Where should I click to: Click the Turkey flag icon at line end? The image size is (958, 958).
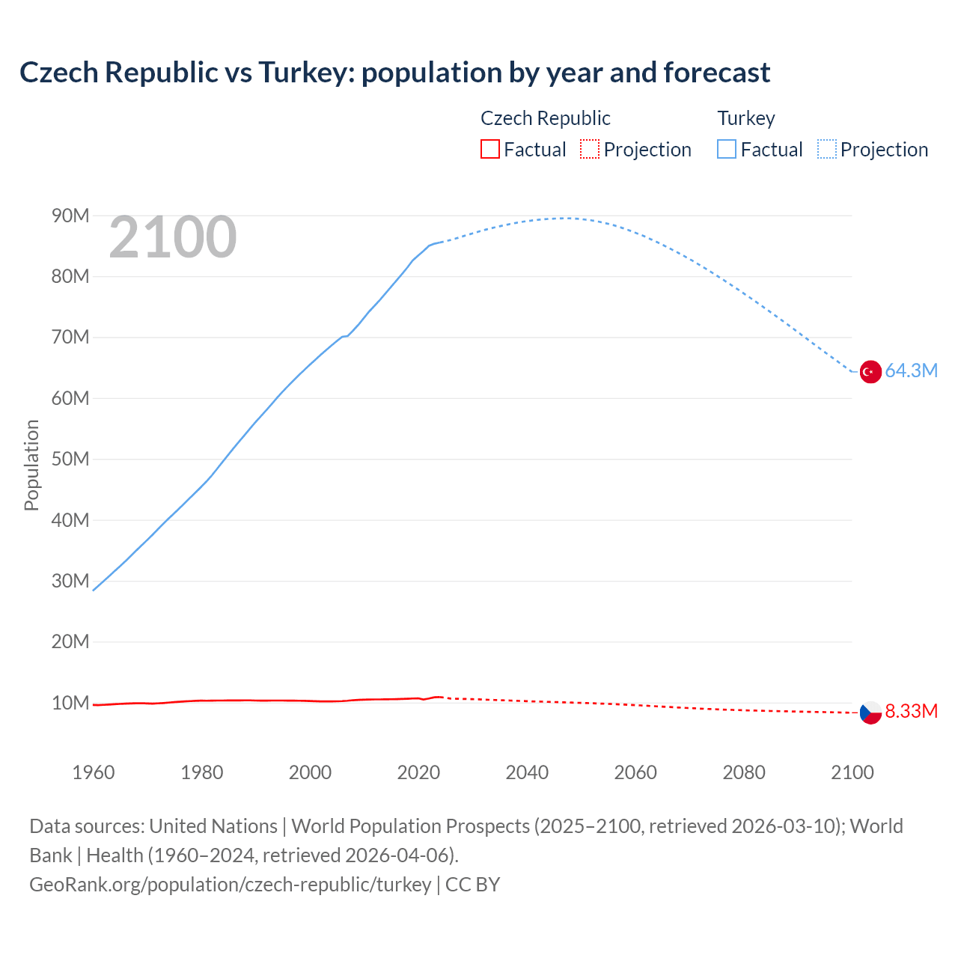coord(870,371)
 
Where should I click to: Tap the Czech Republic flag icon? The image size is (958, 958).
coord(870,713)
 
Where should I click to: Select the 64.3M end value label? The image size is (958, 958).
coord(911,371)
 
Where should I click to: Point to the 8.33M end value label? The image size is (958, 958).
coord(911,711)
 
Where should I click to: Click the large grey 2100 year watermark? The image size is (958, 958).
coord(173,238)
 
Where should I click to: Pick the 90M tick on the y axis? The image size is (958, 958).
coord(70,216)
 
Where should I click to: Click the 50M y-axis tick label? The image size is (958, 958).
coord(70,460)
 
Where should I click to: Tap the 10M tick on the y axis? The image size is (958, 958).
coord(70,704)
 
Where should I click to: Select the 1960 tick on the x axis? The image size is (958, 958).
coord(94,772)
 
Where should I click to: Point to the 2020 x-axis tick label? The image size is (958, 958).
coord(418,772)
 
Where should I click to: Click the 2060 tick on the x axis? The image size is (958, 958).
coord(635,772)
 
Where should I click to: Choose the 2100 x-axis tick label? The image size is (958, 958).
coord(852,772)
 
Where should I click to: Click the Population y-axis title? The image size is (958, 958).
coord(31,465)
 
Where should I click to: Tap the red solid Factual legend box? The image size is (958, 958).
coord(489,150)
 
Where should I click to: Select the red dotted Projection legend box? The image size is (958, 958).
coord(590,150)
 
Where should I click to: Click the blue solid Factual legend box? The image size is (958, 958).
coord(726,150)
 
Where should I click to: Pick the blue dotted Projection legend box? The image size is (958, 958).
coord(826,150)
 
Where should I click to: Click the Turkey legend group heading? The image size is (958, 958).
coord(746,118)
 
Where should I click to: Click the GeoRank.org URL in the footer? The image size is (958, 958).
coord(231,885)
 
